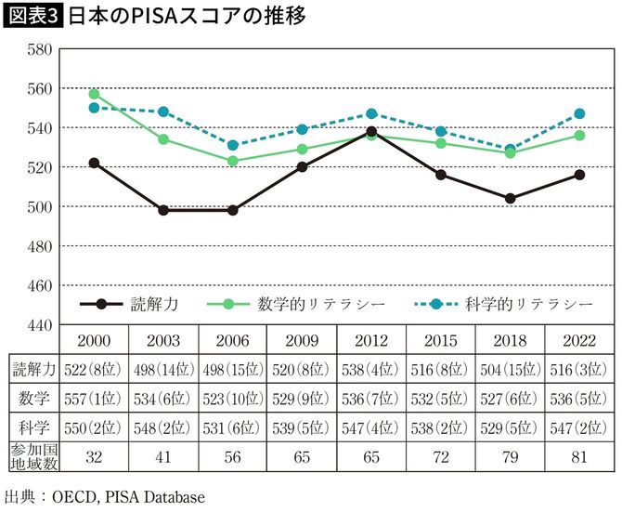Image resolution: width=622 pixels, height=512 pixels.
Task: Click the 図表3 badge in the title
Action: [x=32, y=16]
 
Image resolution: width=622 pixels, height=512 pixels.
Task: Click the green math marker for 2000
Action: [x=94, y=94]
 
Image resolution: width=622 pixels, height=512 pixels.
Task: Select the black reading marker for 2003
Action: [x=163, y=210]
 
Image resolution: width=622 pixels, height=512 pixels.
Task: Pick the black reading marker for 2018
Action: [x=511, y=198]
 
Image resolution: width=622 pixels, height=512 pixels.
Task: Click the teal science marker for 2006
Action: [x=233, y=145]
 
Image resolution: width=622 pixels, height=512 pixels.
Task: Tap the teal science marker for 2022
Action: [x=580, y=113]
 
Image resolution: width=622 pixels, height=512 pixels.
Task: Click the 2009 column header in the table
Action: [x=302, y=339]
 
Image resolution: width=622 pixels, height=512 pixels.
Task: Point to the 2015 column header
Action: [x=441, y=339]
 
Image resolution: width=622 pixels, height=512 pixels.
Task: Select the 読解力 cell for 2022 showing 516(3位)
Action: [x=580, y=368]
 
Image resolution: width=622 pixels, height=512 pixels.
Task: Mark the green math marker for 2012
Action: [x=371, y=136]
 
